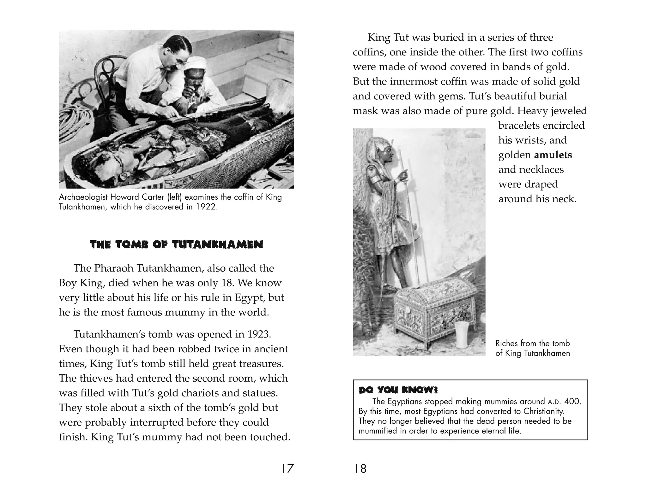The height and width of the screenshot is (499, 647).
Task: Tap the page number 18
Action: [360, 469]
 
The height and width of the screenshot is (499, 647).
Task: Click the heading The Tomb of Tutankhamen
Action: [176, 244]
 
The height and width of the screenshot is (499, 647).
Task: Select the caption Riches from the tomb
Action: [532, 343]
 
